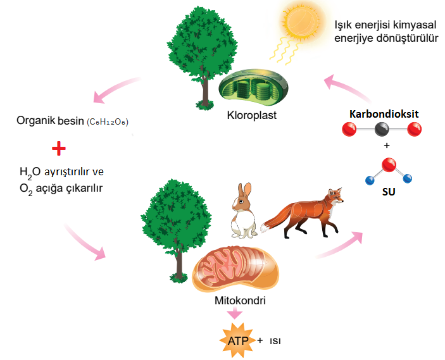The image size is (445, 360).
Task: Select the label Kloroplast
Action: click(252, 116)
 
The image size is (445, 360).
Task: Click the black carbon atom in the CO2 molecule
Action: click(382, 130)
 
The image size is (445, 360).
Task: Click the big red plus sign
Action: click(58, 149)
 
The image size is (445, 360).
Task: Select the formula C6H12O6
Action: click(107, 121)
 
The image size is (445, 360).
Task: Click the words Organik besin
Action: click(49, 120)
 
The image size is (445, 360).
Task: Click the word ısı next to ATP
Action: click(275, 342)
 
